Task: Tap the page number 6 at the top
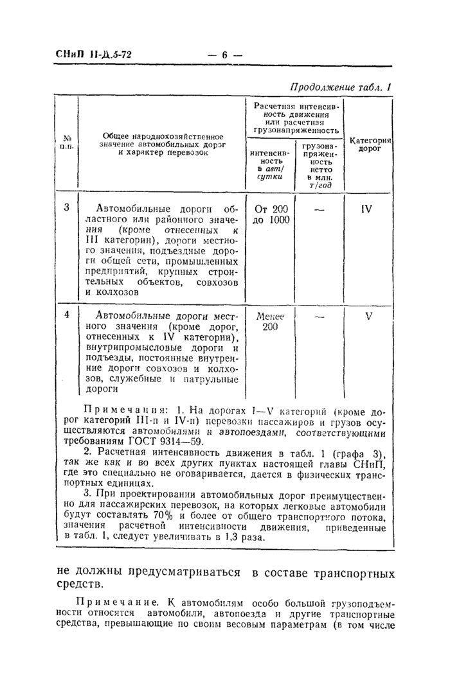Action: pyautogui.click(x=225, y=55)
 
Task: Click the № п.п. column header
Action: pyautogui.click(x=67, y=142)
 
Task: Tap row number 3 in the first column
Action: pyautogui.click(x=67, y=208)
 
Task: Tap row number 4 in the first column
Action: pyautogui.click(x=67, y=315)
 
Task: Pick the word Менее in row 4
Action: pyautogui.click(x=269, y=316)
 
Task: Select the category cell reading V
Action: pyautogui.click(x=369, y=316)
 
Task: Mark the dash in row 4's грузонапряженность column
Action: pyautogui.click(x=319, y=316)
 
